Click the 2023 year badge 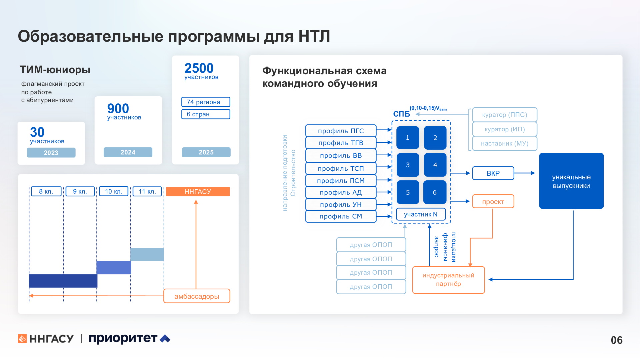coord(51,153)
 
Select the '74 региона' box coord(206,102)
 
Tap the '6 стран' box coord(206,114)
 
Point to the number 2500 coord(199,68)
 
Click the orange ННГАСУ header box coord(198,192)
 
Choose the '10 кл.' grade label coord(114,192)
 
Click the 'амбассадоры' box coord(197,296)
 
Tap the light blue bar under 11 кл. coord(147,254)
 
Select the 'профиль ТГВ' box coord(341,143)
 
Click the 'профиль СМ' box coord(341,216)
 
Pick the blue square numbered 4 coord(435,165)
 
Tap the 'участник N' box coord(421,214)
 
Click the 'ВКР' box coord(493,173)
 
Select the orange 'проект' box coord(493,202)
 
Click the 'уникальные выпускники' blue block coord(571,181)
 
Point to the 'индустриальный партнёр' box coord(448,280)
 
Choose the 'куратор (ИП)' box coord(505,129)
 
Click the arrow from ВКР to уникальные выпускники coord(525,173)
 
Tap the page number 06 coord(617,340)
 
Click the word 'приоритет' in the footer coord(123,338)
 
